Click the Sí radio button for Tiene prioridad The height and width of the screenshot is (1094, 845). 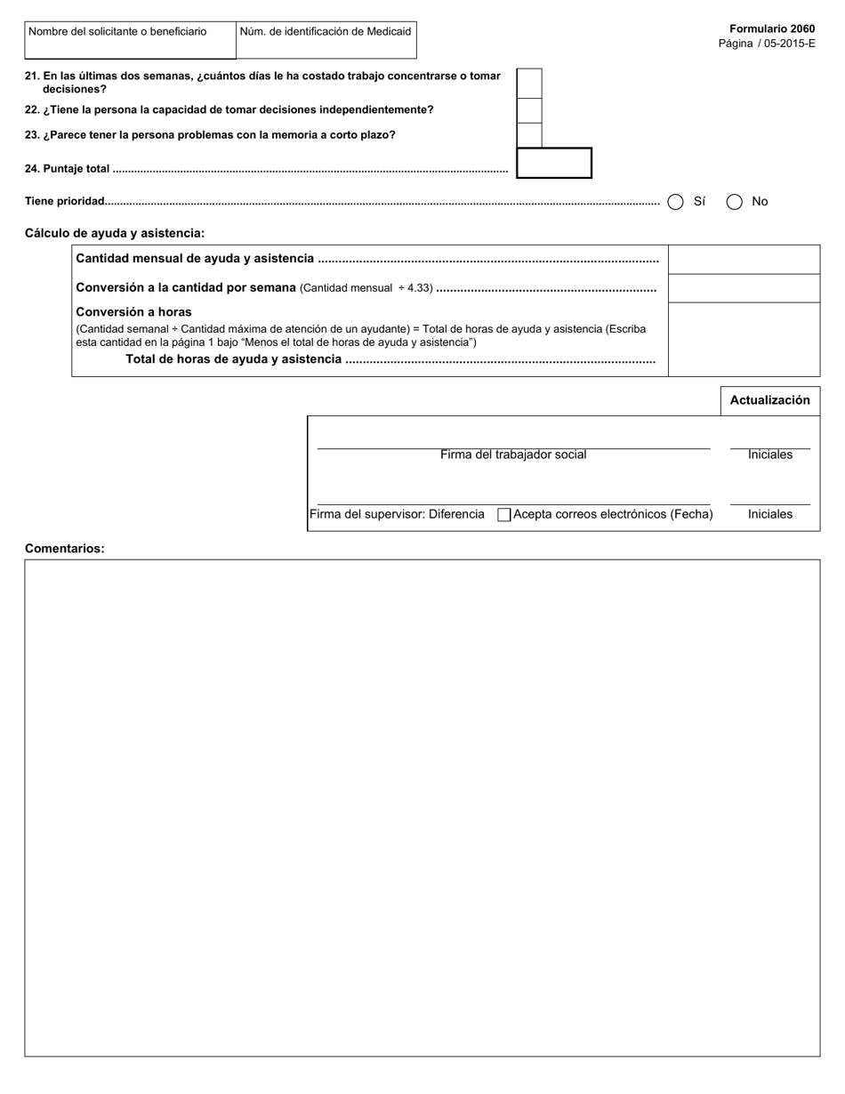click(675, 202)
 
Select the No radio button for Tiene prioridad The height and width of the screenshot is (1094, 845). click(735, 202)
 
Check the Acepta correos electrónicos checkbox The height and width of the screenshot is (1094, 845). click(504, 515)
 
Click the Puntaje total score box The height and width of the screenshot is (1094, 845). click(553, 163)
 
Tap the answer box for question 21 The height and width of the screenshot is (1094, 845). click(529, 83)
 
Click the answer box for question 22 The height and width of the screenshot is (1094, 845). click(529, 110)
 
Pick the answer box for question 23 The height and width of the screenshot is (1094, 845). click(529, 135)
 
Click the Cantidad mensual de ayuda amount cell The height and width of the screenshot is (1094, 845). click(744, 259)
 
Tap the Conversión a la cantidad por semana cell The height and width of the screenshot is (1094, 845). click(744, 288)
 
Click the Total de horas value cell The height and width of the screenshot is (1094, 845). click(744, 340)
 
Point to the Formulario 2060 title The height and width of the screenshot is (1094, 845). click(771, 29)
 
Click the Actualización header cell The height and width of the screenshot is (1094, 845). click(769, 400)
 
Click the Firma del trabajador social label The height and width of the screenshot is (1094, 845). click(513, 454)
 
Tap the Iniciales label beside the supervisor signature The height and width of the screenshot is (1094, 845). click(769, 514)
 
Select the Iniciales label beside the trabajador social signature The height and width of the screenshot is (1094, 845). click(769, 454)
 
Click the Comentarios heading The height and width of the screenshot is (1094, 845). click(64, 549)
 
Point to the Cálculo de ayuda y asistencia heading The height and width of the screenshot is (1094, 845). click(115, 233)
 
